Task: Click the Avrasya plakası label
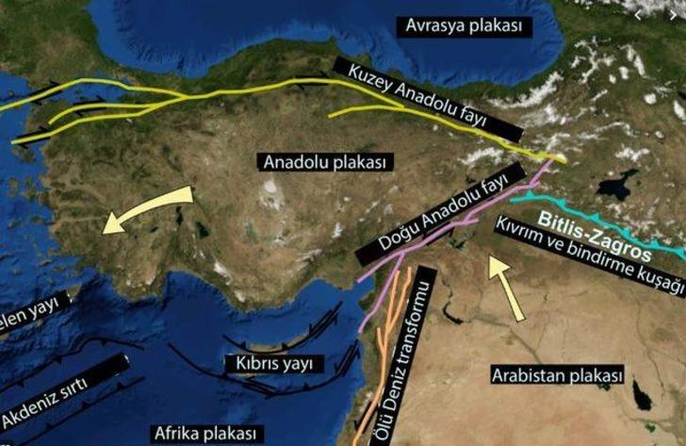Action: coord(464,25)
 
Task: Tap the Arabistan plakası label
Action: coord(557,375)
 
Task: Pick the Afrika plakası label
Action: coord(206,433)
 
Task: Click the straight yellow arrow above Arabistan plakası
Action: coord(502,286)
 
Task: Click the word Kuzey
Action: coord(371,77)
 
